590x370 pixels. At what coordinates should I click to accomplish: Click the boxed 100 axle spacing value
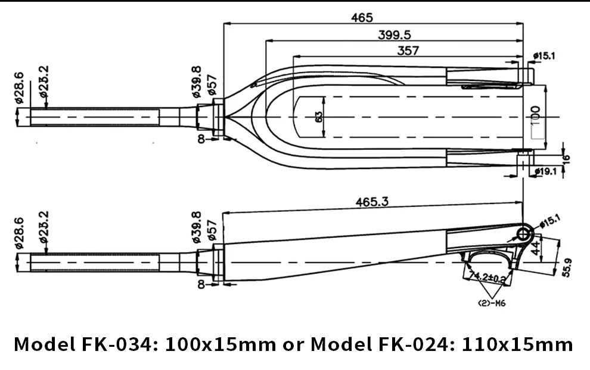535,114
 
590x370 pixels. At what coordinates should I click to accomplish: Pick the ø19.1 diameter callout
545,171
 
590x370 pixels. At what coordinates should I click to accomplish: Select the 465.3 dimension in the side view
372,202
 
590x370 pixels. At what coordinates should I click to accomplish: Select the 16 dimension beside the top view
566,158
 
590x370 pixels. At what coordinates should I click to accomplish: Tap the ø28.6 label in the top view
18,88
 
